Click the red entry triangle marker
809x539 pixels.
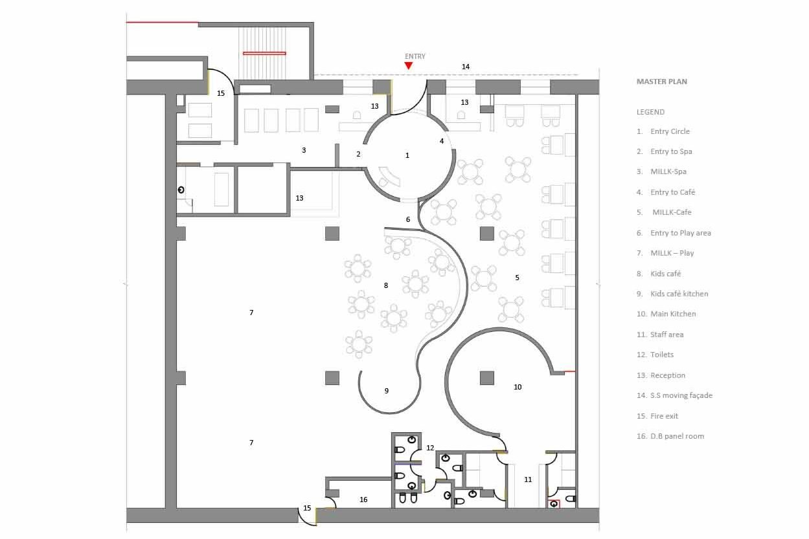pos(409,65)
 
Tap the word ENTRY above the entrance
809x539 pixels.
pos(415,56)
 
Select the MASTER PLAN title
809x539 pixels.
pos(662,82)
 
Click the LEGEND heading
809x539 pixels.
pos(650,112)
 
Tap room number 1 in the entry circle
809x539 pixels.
pos(407,155)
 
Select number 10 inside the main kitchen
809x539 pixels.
pos(518,387)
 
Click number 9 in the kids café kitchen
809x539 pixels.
pos(387,391)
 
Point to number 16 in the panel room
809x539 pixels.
pos(363,500)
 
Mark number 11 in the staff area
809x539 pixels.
pos(528,479)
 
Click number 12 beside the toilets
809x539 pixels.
pos(430,448)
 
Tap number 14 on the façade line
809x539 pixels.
pos(466,67)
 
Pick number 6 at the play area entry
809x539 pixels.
pos(408,219)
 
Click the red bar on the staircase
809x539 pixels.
pos(264,54)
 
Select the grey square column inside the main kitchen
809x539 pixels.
pos(487,378)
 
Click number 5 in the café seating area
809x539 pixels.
pos(517,278)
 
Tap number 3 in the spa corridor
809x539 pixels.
pos(304,150)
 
